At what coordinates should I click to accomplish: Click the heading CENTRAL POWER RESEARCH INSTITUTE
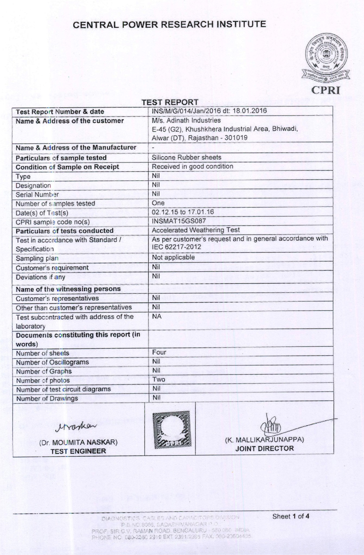169,25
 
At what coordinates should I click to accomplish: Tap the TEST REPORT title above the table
170,102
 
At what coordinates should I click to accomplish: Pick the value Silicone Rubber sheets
186,157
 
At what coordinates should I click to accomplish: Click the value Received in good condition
192,166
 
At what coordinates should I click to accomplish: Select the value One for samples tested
158,203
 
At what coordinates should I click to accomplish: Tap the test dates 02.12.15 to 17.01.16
183,212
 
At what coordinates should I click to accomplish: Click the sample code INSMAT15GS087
179,221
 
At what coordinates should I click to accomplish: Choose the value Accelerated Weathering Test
196,230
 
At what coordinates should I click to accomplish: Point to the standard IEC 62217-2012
176,247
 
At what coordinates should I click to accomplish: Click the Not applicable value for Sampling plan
173,257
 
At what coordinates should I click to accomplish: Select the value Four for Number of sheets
159,352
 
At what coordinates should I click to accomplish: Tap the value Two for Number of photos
159,379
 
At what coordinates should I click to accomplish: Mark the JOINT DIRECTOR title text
264,448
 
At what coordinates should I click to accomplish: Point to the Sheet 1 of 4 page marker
291,516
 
